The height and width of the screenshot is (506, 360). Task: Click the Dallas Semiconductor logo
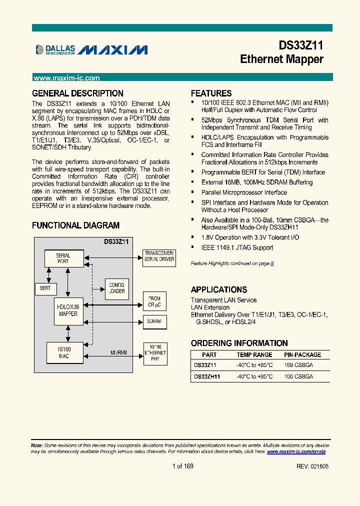click(55, 49)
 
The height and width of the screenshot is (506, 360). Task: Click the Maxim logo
click(112, 49)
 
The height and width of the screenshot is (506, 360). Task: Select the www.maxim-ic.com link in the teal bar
click(66, 78)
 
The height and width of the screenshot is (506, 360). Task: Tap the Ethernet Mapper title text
click(281, 59)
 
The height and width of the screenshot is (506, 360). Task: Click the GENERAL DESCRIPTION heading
click(77, 93)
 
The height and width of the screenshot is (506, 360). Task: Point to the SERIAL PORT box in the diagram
click(63, 258)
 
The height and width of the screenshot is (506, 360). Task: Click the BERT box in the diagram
click(45, 288)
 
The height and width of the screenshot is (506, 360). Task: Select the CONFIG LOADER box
click(116, 288)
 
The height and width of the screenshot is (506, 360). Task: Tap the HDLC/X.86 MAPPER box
click(68, 310)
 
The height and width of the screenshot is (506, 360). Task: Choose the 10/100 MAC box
click(64, 352)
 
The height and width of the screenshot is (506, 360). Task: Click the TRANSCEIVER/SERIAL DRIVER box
click(159, 256)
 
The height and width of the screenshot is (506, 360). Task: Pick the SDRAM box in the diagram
click(154, 321)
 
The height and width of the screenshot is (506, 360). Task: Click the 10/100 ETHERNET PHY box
click(155, 352)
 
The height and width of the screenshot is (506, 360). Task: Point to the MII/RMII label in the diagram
click(118, 352)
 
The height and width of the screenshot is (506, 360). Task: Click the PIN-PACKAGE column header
click(302, 355)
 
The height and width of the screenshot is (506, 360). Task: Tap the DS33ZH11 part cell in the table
click(207, 376)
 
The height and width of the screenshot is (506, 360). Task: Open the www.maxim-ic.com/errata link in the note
click(296, 451)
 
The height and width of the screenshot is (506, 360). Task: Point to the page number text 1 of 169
click(182, 466)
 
